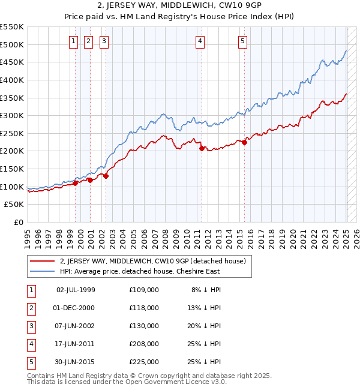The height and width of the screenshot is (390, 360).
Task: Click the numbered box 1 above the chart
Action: click(x=73, y=41)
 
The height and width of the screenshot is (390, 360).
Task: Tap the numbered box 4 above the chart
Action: click(x=200, y=41)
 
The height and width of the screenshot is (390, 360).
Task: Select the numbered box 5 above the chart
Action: click(x=242, y=41)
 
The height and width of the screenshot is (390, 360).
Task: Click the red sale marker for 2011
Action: click(x=201, y=148)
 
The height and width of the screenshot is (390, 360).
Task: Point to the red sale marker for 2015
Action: click(x=245, y=142)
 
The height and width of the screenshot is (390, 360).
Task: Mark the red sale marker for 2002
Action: click(x=106, y=176)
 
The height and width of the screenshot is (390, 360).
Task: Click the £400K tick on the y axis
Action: click(x=12, y=80)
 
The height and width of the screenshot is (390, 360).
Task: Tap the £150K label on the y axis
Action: click(x=12, y=169)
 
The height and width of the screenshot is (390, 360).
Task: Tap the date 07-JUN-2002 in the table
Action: click(x=76, y=326)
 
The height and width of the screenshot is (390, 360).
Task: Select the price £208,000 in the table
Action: click(x=144, y=344)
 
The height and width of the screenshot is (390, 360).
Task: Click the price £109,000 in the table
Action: click(x=144, y=290)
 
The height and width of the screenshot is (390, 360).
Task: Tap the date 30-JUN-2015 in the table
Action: click(x=76, y=362)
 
